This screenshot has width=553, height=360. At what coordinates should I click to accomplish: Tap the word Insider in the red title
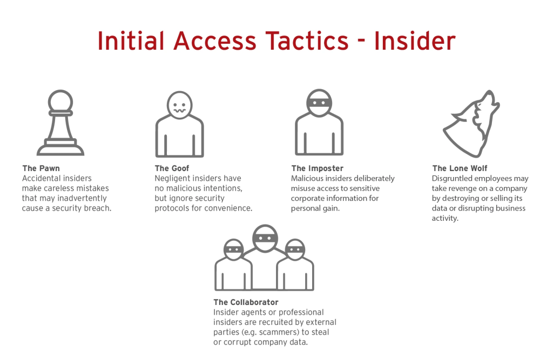(x=415, y=41)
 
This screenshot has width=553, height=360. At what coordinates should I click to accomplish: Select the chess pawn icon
(x=60, y=123)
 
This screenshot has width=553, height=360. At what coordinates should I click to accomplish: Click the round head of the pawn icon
(x=60, y=100)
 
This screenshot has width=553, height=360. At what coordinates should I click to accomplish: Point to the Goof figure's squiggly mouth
(x=180, y=111)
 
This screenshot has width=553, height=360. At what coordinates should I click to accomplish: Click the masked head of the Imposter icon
(x=319, y=103)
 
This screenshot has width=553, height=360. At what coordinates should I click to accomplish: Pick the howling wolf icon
(x=471, y=124)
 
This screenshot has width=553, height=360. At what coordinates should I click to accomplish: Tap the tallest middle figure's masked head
(x=265, y=239)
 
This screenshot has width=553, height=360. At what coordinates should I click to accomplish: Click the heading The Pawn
(x=41, y=168)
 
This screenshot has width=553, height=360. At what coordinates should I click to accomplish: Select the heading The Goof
(x=172, y=168)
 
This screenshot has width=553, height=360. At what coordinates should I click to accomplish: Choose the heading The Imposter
(x=317, y=168)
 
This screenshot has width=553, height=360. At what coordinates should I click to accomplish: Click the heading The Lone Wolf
(x=460, y=168)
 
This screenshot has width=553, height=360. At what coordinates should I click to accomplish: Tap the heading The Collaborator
(x=246, y=303)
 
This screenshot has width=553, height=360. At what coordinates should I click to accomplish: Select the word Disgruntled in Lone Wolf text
(x=453, y=179)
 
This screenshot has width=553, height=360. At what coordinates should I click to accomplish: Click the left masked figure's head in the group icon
(x=233, y=250)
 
